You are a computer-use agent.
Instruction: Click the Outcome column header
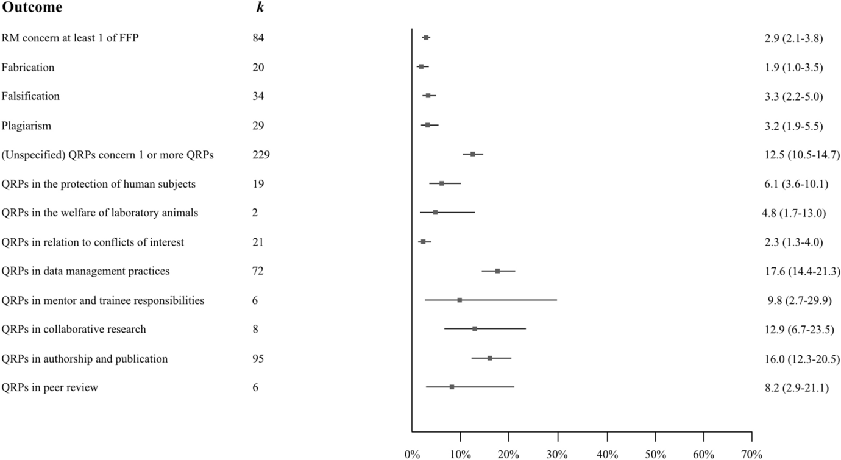[x=32, y=8]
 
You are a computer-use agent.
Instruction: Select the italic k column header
[x=260, y=8]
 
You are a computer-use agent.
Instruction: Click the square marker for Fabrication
[x=421, y=66]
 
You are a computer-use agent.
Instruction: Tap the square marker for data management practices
[x=497, y=271]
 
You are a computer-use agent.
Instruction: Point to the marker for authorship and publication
[x=489, y=358]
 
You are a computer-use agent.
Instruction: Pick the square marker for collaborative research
[x=474, y=329]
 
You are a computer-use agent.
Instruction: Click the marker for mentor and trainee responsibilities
[x=460, y=300]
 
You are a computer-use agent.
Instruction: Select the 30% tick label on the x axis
[x=557, y=454]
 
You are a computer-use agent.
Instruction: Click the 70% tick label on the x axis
[x=751, y=454]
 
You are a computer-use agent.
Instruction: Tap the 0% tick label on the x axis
[x=412, y=454]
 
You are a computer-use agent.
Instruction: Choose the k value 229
[x=261, y=155]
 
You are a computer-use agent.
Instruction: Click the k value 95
[x=258, y=359]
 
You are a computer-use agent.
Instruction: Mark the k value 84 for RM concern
[x=258, y=38]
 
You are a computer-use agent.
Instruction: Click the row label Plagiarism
[x=26, y=126]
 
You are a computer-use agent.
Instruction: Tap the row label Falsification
[x=30, y=96]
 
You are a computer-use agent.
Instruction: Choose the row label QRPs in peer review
[x=49, y=387]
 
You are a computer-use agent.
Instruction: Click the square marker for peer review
[x=452, y=387]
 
